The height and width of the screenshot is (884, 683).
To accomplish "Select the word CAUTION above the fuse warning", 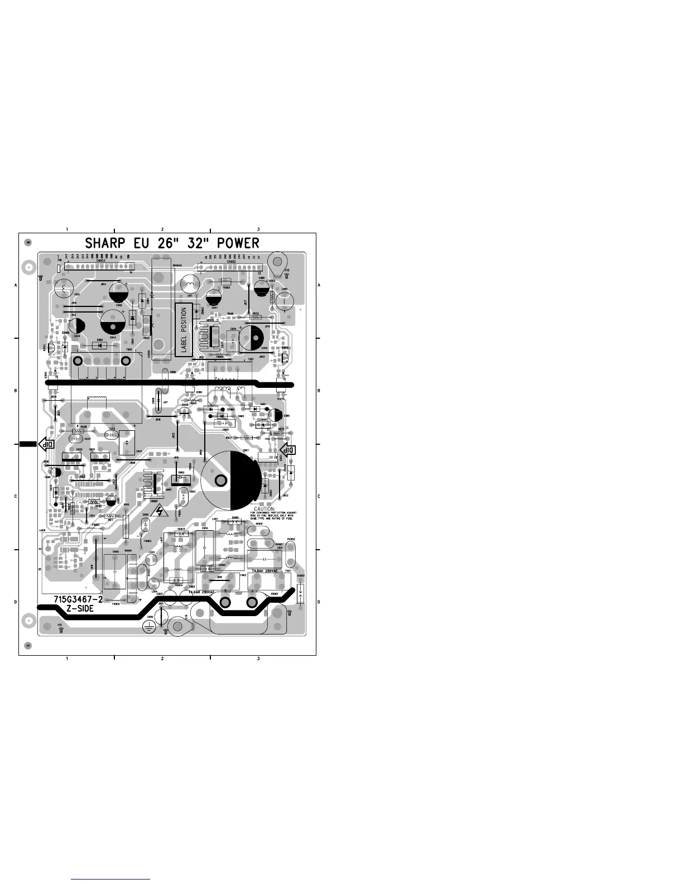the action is tap(264, 508).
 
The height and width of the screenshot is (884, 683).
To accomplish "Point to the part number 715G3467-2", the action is tap(78, 599).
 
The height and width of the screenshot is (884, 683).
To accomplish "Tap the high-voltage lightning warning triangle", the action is tap(161, 510).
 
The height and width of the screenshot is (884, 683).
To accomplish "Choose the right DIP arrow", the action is tap(288, 450).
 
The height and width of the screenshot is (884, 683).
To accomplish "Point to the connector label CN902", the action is tap(230, 261).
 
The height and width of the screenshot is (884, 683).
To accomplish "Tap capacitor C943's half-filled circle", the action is tap(113, 323).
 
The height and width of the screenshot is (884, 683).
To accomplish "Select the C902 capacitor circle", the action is tap(120, 294).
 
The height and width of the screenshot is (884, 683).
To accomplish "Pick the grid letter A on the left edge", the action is tap(16, 285).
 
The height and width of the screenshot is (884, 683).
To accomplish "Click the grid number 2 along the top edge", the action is tap(162, 229).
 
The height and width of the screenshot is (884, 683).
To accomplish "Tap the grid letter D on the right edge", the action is tap(319, 602).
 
